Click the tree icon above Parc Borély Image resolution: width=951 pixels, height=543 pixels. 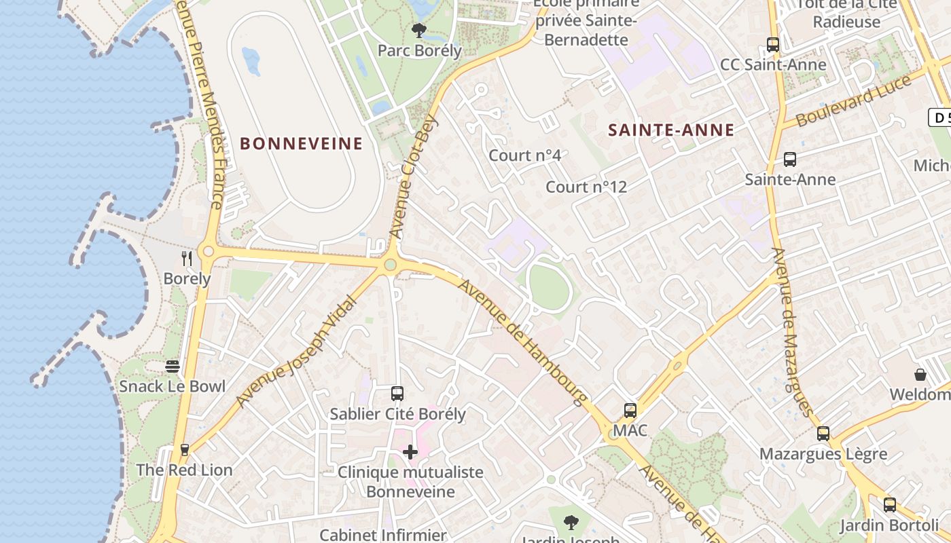[419, 30]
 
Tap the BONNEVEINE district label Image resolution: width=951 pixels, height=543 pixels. [302, 143]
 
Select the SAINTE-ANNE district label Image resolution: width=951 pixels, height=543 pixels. [671, 130]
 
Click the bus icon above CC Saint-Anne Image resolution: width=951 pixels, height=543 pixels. [773, 45]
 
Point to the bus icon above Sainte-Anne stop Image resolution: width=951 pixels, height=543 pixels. [790, 160]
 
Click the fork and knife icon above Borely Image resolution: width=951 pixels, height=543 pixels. [187, 258]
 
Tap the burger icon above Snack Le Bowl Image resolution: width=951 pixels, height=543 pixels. [173, 367]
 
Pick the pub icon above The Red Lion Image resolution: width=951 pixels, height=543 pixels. [184, 449]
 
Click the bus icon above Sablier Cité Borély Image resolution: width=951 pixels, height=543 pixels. [397, 394]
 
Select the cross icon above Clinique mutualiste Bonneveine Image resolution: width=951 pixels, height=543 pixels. [410, 452]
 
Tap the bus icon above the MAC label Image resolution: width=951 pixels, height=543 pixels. [630, 411]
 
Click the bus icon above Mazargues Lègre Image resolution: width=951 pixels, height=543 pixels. [823, 433]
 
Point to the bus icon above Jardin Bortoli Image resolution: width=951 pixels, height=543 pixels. [890, 505]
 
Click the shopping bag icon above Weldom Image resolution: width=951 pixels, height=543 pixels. [920, 375]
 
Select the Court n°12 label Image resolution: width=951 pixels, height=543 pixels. [586, 187]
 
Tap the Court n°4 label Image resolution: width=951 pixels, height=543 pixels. [525, 155]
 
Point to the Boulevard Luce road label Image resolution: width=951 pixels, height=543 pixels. [854, 101]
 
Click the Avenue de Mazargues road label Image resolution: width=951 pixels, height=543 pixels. [791, 332]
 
